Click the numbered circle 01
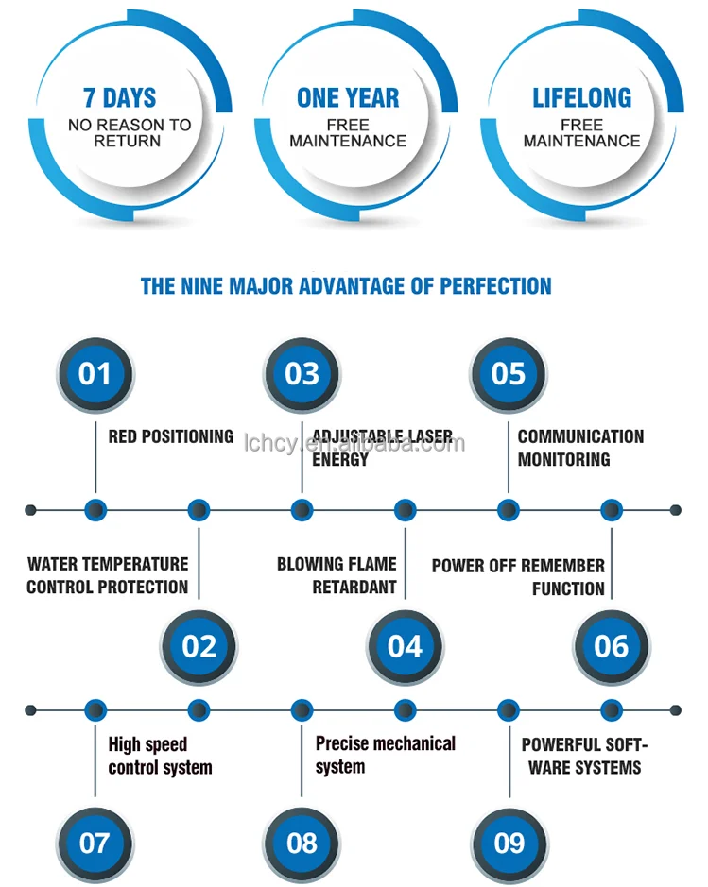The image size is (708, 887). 95,374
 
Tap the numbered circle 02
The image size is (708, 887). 199,647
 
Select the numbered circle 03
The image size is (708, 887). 302,374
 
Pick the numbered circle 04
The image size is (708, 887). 405,647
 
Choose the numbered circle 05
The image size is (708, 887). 509,374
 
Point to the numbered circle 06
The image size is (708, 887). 612,647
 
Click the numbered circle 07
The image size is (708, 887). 95,843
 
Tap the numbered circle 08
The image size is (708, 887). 302,843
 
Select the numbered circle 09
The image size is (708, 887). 509,843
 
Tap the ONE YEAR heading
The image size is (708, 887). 348,98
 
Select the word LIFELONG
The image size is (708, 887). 581,98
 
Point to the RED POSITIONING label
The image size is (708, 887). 170,436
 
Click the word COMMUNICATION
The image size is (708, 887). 580,436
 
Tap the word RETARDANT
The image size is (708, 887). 354,588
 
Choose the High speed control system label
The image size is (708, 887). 160,756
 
